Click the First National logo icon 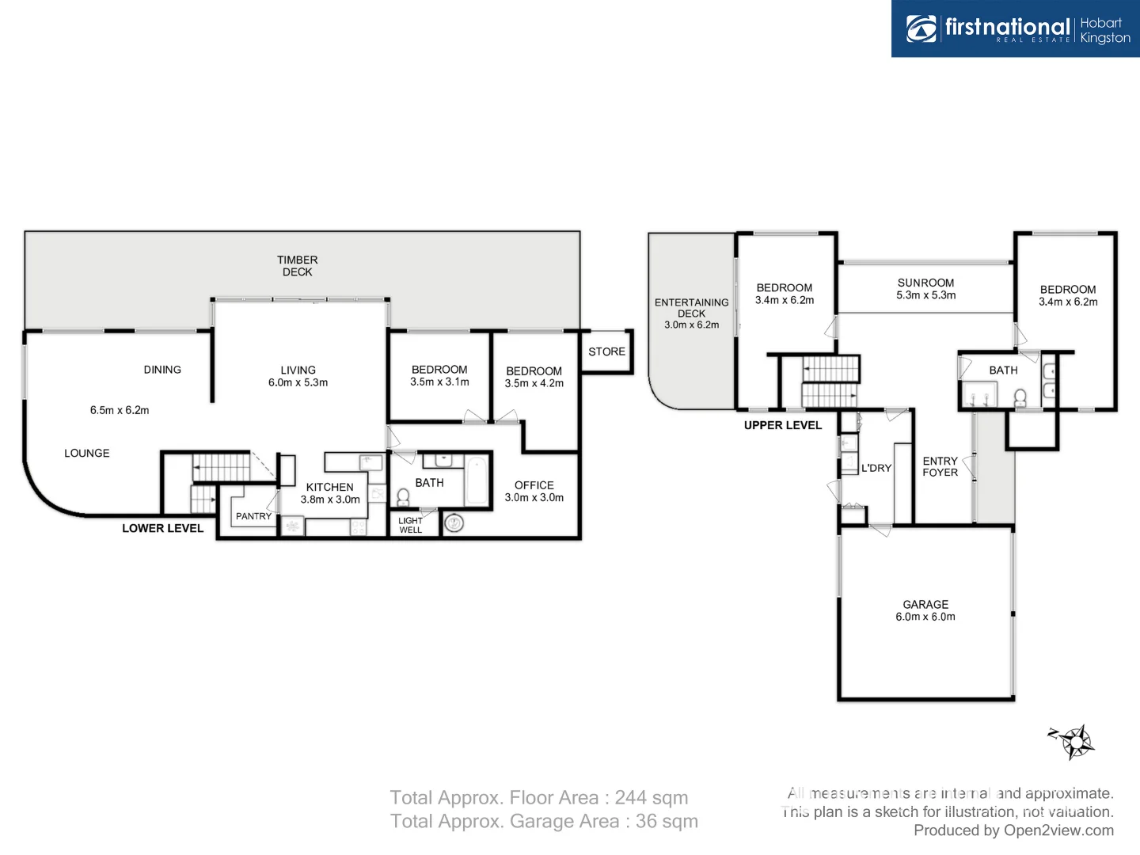pyautogui.click(x=921, y=28)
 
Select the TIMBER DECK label pyautogui.click(x=297, y=266)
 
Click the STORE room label pyautogui.click(x=606, y=351)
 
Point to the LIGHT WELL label pyautogui.click(x=410, y=525)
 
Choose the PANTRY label pyautogui.click(x=253, y=516)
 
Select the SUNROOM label pyautogui.click(x=925, y=283)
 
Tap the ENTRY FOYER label pyautogui.click(x=940, y=467)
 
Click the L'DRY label pyautogui.click(x=876, y=468)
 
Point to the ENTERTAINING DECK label pyautogui.click(x=691, y=308)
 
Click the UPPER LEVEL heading pyautogui.click(x=783, y=425)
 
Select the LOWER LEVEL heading pyautogui.click(x=162, y=528)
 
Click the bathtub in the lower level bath pyautogui.click(x=477, y=481)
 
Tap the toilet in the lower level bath pyautogui.click(x=403, y=497)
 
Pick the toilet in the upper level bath pyautogui.click(x=1020, y=399)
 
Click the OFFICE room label pyautogui.click(x=534, y=485)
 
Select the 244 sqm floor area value pyautogui.click(x=652, y=797)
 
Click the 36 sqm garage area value pyautogui.click(x=667, y=821)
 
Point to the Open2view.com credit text pyautogui.click(x=1058, y=830)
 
